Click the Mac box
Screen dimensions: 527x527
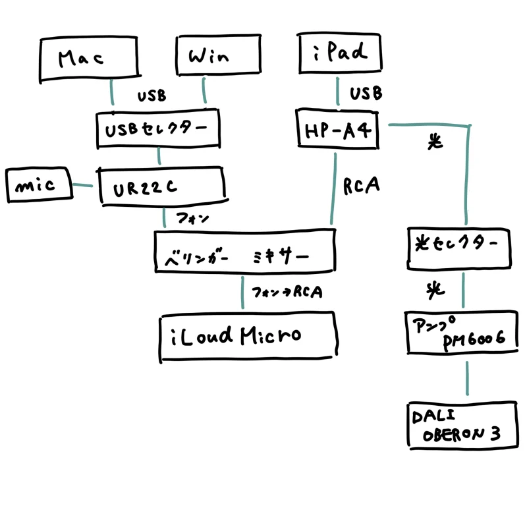click(x=82, y=58)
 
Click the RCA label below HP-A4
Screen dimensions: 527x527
click(x=362, y=187)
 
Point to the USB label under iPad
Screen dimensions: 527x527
click(x=366, y=94)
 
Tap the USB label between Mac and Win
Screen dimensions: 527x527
click(x=152, y=97)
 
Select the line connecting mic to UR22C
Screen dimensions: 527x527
click(x=84, y=186)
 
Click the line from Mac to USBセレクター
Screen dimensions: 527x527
click(x=112, y=92)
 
